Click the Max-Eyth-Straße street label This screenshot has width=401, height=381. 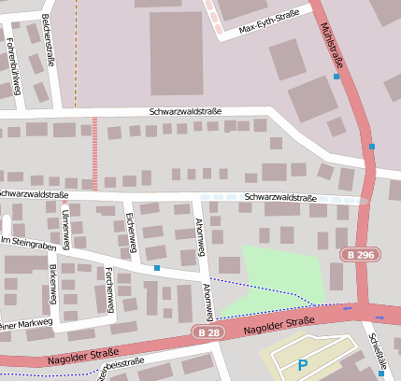pyautogui.click(x=269, y=22)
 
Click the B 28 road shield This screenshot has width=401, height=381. pyautogui.click(x=209, y=332)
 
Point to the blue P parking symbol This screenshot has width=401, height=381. pyautogui.click(x=302, y=366)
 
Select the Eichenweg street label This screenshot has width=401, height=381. pyautogui.click(x=131, y=231)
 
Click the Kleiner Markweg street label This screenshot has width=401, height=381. pyautogui.click(x=24, y=324)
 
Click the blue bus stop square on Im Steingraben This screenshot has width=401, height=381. pyautogui.click(x=157, y=268)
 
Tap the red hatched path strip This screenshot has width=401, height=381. pyautogui.click(x=93, y=154)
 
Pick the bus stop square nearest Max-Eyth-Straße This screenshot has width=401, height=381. pyautogui.click(x=337, y=77)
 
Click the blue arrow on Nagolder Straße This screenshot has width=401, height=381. pyautogui.click(x=350, y=307)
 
